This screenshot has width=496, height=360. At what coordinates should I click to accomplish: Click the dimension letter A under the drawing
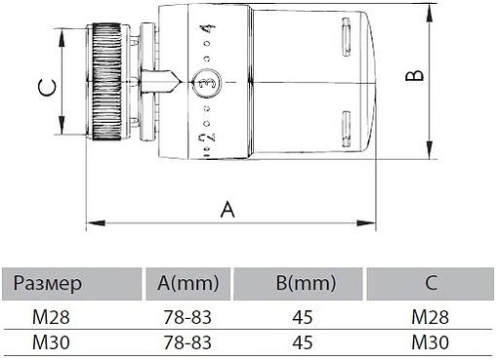pos(227,210)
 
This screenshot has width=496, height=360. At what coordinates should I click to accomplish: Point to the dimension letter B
pos(415,75)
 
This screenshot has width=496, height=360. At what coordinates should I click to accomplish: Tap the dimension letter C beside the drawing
pos(47,88)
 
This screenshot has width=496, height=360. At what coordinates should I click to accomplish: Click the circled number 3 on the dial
pos(206,83)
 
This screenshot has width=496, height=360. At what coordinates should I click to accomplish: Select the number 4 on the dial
pos(209,29)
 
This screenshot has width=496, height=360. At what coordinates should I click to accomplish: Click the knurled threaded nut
pos(107,82)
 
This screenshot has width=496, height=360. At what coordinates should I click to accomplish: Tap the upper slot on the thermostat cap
pos(347,37)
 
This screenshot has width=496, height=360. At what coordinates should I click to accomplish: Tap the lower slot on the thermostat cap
pos(347,129)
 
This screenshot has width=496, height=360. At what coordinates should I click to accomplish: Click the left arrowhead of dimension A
pos(95,223)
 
